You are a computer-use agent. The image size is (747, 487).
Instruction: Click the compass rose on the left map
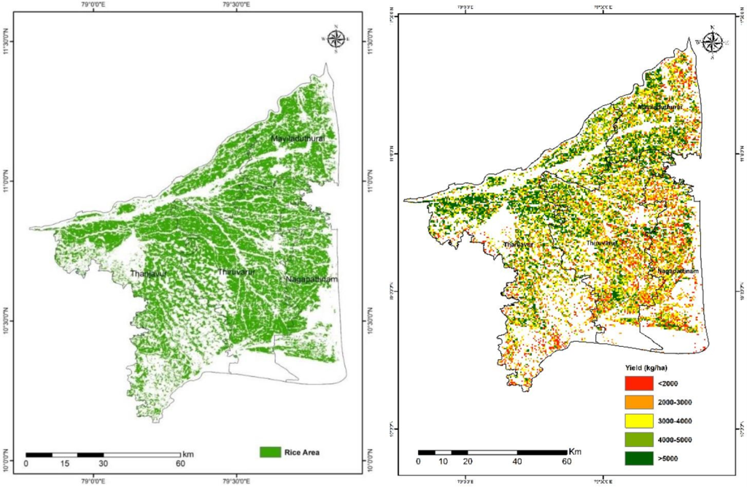[336, 39]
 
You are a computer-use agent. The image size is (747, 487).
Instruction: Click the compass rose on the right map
[713, 42]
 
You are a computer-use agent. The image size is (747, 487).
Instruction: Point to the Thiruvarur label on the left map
[237, 272]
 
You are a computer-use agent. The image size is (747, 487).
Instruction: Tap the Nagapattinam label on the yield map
[678, 271]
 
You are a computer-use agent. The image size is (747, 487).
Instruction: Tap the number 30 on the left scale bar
[103, 463]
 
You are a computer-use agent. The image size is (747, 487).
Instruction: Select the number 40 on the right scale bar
[516, 461]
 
